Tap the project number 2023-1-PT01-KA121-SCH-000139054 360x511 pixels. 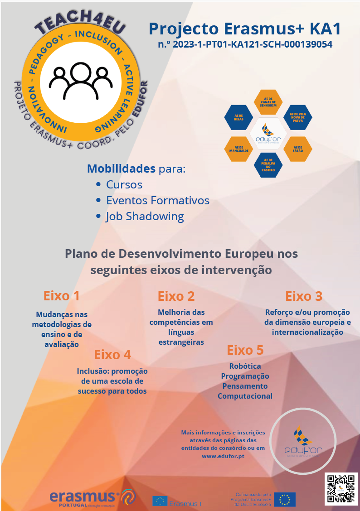pos(245,44)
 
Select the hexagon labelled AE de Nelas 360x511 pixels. pos(238,117)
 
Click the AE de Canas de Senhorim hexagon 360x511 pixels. pos(268,102)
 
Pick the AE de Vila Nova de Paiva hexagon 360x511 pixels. pos(297,117)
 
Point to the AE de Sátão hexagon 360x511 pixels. pos(298,149)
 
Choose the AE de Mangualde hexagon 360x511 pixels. pos(238,149)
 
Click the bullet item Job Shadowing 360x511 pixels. pos(145,217)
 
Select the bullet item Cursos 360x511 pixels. pos(124,185)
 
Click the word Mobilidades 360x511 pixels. pos(121,169)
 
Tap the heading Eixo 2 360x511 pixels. pos(176,296)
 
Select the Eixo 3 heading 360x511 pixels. pos(303,296)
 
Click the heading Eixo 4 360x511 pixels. pos(112,354)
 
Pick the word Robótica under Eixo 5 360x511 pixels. pos(245,366)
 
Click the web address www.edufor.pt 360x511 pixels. pos(223,456)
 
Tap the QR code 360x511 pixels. pos(341,489)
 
